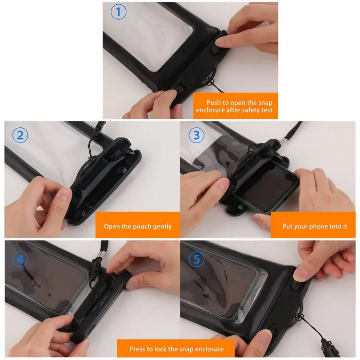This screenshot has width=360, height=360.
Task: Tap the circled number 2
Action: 20,135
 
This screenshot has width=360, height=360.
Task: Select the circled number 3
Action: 196,135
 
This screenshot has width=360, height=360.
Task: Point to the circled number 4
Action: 20,260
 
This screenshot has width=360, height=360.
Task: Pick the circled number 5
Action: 196,260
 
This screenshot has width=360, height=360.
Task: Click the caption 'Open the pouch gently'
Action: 138,226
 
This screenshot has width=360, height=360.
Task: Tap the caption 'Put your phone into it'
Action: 314,226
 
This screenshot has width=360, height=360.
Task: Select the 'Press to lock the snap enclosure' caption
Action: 176,349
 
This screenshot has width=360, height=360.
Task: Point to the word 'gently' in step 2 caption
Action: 161,226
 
